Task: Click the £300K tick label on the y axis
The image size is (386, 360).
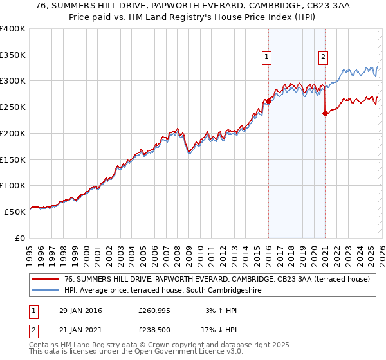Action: (x=13, y=81)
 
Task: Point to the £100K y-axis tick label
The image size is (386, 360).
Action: (x=13, y=185)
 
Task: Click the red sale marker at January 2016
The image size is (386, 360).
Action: (x=268, y=101)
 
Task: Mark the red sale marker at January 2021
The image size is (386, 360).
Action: (x=325, y=113)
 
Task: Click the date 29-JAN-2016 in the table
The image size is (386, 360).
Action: (x=77, y=311)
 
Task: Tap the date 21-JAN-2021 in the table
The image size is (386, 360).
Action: (x=77, y=332)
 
